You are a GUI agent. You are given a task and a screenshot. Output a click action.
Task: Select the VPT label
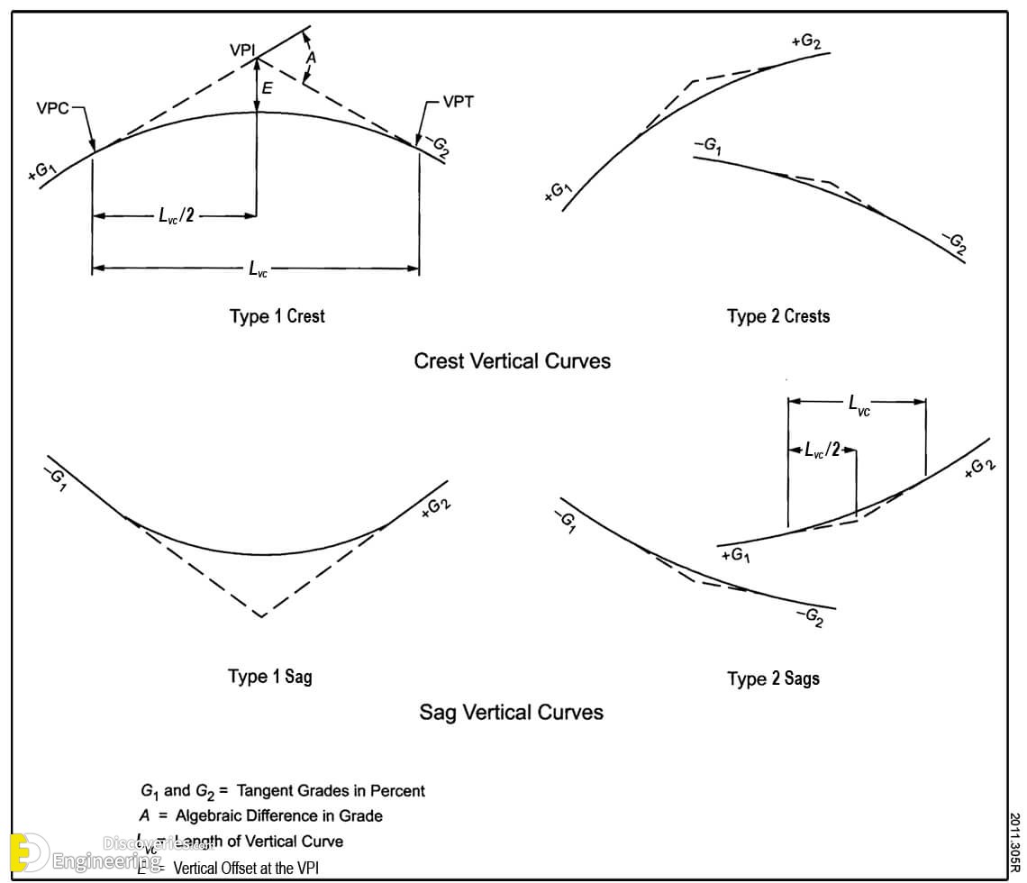click(x=458, y=102)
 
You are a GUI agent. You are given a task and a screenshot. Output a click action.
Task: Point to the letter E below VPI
click(x=268, y=88)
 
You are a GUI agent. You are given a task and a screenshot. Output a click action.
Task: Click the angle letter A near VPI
click(x=312, y=58)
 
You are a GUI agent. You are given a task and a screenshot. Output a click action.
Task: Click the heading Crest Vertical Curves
click(x=512, y=361)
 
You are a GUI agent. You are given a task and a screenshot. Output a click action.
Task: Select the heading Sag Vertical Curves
click(x=511, y=713)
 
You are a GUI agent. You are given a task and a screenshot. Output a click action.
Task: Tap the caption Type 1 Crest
click(x=277, y=316)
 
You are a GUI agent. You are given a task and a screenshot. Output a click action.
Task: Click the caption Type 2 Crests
click(x=778, y=316)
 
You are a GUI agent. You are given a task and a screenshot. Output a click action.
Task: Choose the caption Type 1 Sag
click(x=269, y=677)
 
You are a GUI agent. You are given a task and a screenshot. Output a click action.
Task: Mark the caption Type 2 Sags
click(x=773, y=678)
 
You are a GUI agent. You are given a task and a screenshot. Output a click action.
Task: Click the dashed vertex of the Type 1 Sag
click(x=260, y=616)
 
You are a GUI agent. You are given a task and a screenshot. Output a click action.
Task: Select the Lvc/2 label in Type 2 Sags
click(x=822, y=450)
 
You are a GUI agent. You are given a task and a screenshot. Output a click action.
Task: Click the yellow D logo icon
click(x=28, y=853)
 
